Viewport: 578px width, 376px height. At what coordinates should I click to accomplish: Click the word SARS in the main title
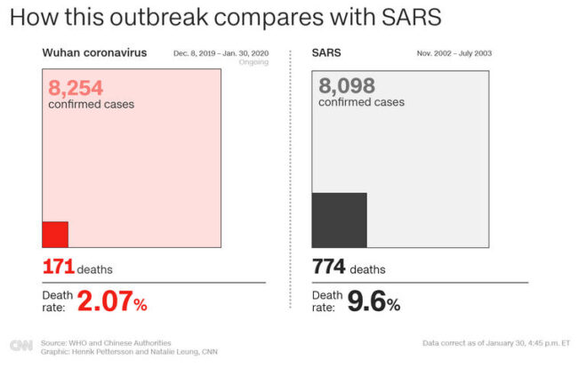409,17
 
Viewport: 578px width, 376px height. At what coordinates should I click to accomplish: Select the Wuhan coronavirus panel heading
94,52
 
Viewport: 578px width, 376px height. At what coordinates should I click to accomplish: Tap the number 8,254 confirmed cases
76,87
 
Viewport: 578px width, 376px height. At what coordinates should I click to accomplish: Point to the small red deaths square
55,234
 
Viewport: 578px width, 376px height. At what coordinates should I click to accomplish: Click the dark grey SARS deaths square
339,220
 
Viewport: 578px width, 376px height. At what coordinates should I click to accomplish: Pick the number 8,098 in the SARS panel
347,86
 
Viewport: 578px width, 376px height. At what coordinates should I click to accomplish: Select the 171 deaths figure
59,267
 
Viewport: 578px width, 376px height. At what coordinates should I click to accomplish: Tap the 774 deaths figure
329,267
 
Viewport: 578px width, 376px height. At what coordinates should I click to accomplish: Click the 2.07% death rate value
112,302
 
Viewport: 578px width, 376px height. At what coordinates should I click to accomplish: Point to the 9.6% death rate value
373,302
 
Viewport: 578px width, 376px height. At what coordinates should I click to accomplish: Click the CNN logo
20,346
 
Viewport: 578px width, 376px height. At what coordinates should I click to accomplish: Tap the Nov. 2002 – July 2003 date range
454,53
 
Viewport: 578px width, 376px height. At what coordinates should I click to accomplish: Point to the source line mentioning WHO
106,342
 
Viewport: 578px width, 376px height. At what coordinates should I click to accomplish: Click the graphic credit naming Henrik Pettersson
129,352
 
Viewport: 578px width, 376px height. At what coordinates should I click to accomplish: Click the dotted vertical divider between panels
291,178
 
